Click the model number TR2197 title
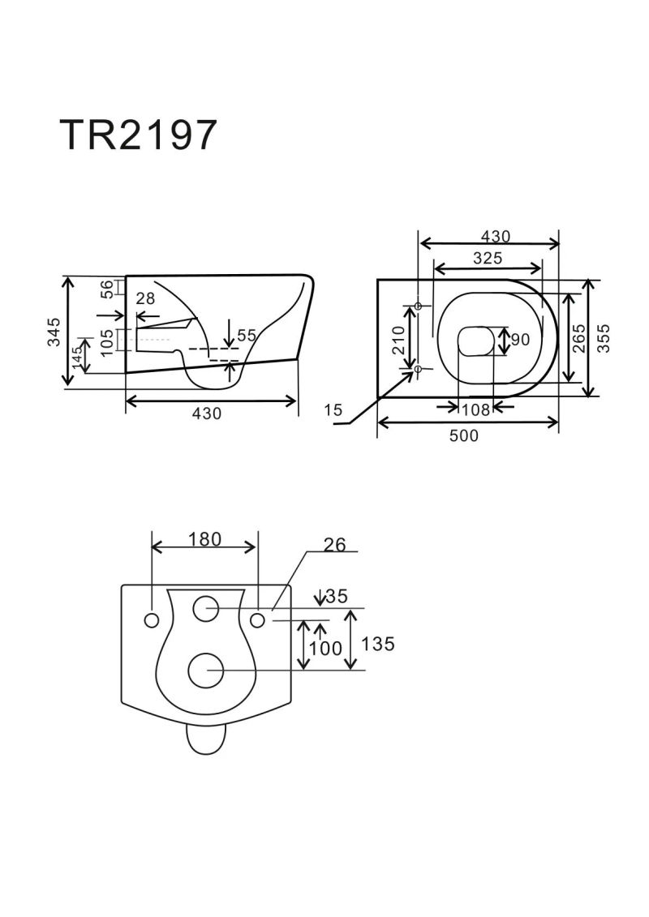(x=138, y=135)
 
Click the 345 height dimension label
(x=54, y=332)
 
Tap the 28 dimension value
(x=145, y=298)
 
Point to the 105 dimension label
(x=106, y=342)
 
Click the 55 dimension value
(x=247, y=336)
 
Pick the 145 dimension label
(x=77, y=356)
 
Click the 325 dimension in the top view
(x=488, y=258)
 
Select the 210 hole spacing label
(x=398, y=340)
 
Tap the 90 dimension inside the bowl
(x=520, y=340)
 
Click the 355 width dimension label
(x=604, y=338)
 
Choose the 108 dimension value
(x=475, y=410)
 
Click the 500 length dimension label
(x=463, y=435)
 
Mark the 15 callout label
(x=333, y=410)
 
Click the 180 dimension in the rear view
(x=204, y=539)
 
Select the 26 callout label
(x=335, y=545)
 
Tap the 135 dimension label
(x=378, y=644)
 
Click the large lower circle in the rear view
(x=205, y=671)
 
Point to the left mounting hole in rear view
(x=152, y=620)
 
